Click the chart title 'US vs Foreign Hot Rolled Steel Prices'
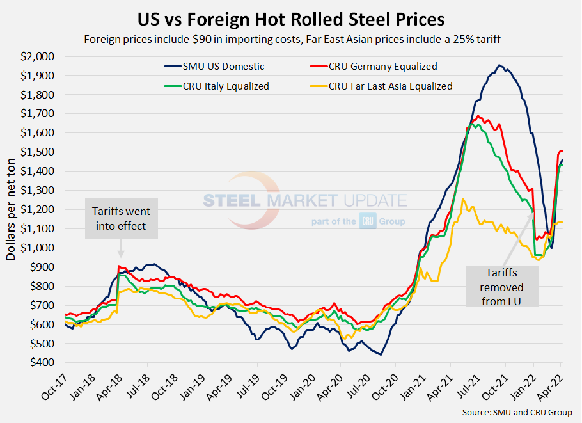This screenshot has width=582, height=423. click(x=291, y=17)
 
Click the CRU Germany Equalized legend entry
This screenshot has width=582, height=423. click(x=378, y=67)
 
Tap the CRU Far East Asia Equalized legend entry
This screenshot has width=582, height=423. click(x=390, y=86)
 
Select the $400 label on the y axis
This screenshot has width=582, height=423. click(x=43, y=363)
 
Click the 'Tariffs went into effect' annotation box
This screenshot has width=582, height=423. click(x=122, y=218)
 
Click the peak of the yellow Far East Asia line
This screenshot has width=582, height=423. click(x=463, y=199)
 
